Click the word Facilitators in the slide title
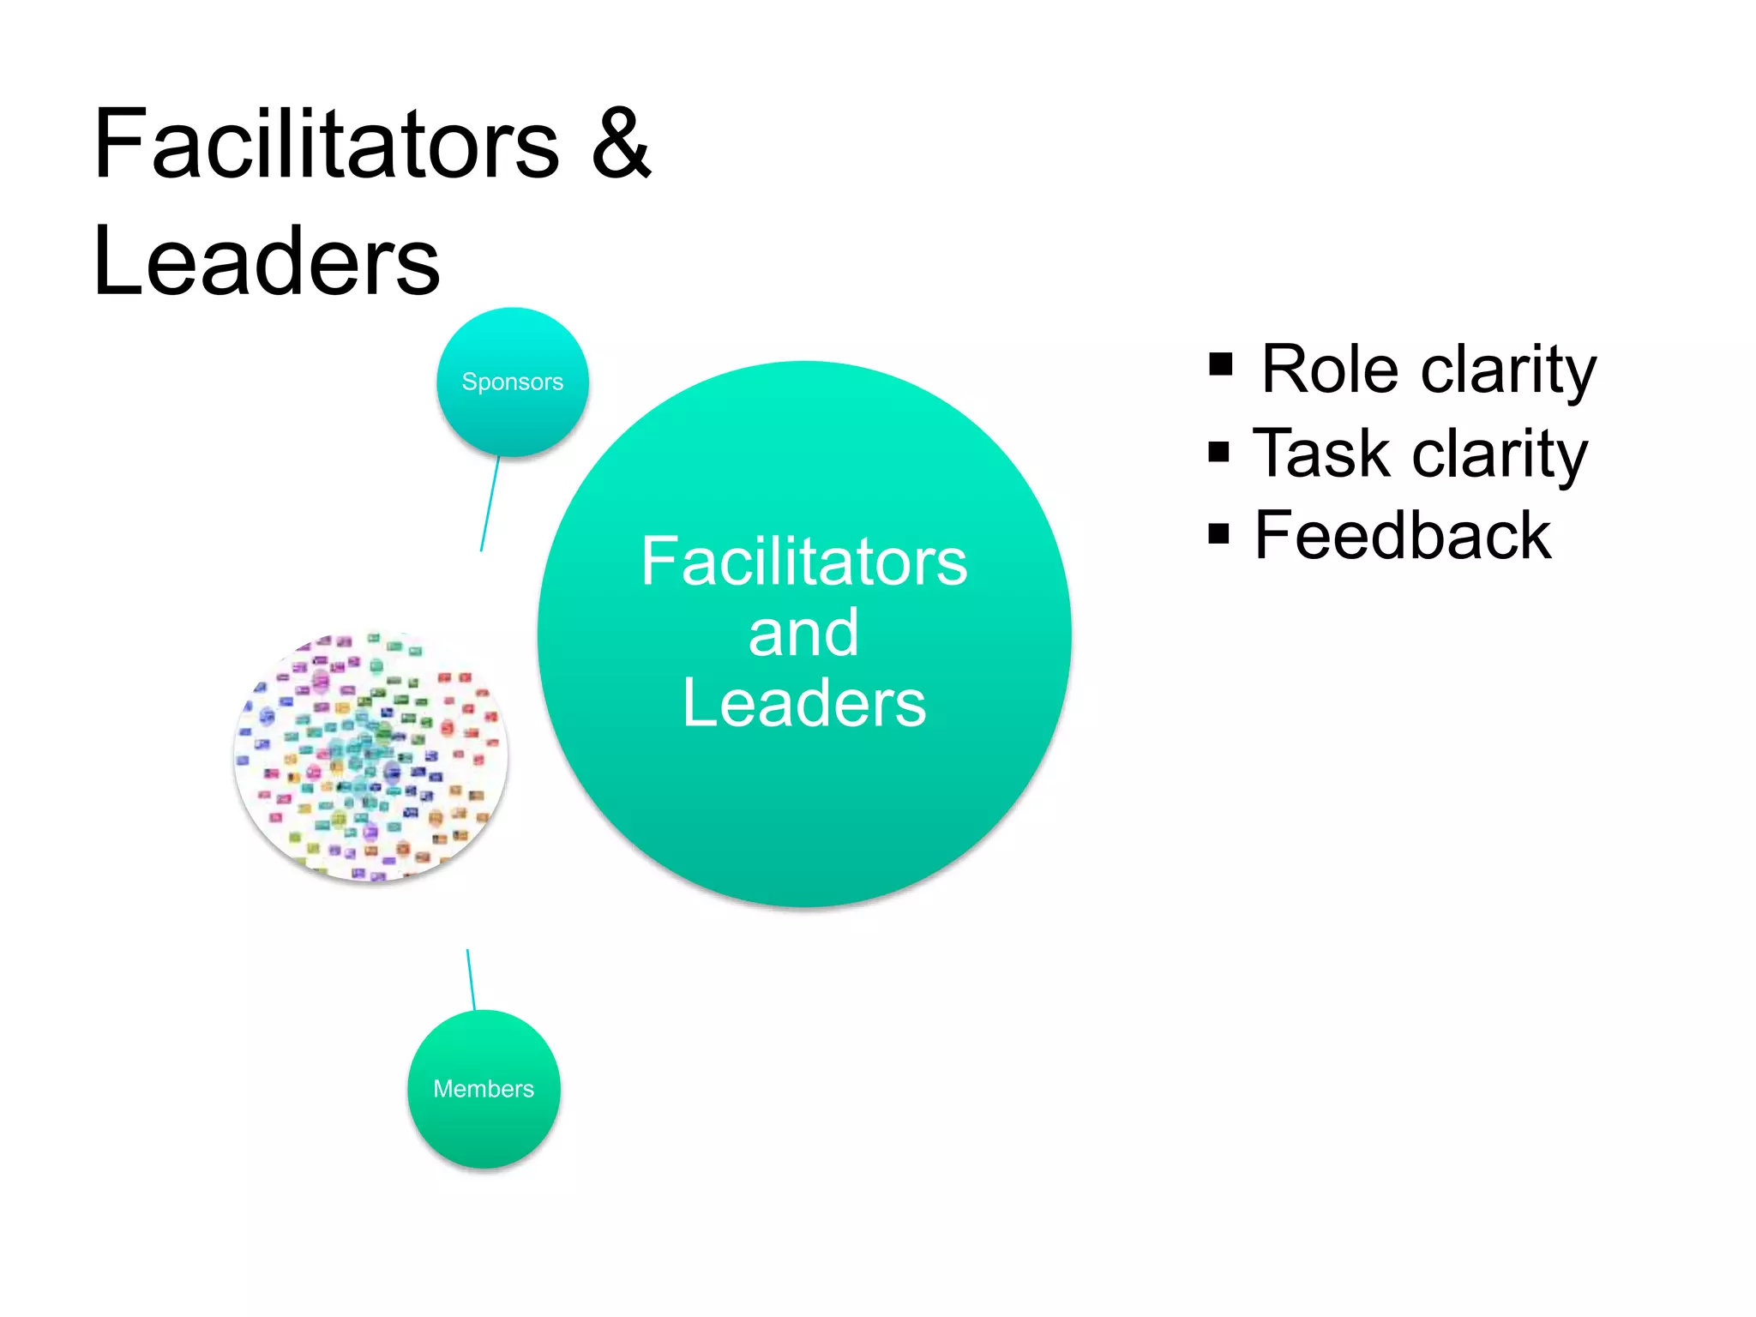click(326, 144)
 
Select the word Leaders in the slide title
click(267, 262)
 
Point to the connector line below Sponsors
click(490, 504)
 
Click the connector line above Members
click(471, 979)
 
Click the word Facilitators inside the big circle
click(803, 562)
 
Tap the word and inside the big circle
click(803, 633)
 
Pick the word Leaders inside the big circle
click(803, 704)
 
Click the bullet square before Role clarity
click(1220, 365)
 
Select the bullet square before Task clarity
click(1218, 452)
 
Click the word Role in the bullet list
click(1330, 370)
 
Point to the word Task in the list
click(1321, 454)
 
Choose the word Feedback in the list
click(1403, 536)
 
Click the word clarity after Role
click(1509, 371)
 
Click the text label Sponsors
click(512, 382)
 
